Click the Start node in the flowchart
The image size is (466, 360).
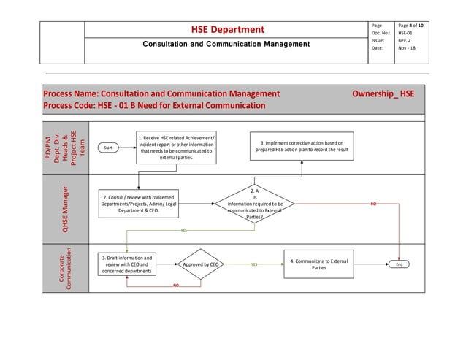pos(109,148)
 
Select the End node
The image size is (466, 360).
pos(400,264)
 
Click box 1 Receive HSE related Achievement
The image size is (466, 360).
pos(176,147)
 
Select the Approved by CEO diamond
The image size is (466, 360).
pos(202,264)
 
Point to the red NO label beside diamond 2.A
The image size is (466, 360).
pos(373,204)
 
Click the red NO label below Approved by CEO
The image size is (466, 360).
pos(176,286)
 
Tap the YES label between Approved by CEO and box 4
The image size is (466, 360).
pos(253,264)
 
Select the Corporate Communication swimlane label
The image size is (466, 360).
pos(64,269)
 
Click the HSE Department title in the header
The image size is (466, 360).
pos(227,30)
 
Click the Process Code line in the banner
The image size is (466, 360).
pos(154,106)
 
